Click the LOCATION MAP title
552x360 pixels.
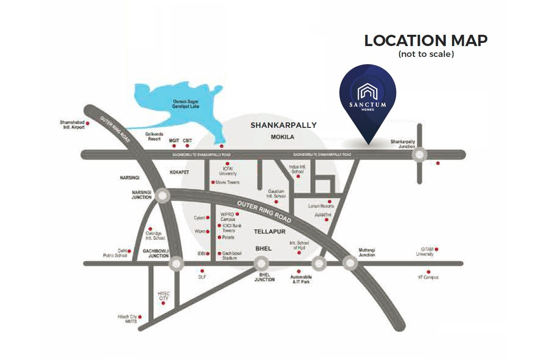(x=425, y=41)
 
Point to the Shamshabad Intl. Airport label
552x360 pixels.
(x=72, y=125)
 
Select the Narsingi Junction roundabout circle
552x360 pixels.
(x=162, y=196)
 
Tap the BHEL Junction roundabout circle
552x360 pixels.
(x=261, y=263)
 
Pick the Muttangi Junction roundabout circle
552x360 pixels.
(x=349, y=262)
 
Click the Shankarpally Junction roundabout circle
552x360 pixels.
(x=419, y=154)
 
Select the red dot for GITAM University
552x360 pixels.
(x=437, y=249)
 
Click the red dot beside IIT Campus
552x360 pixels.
(x=428, y=272)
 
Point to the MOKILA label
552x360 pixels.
(x=283, y=136)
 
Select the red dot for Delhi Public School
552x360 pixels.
(x=129, y=251)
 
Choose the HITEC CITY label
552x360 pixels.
(x=163, y=296)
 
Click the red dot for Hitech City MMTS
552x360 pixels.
(x=141, y=317)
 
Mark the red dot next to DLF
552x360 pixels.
(x=202, y=271)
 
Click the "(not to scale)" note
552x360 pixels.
(x=426, y=54)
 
